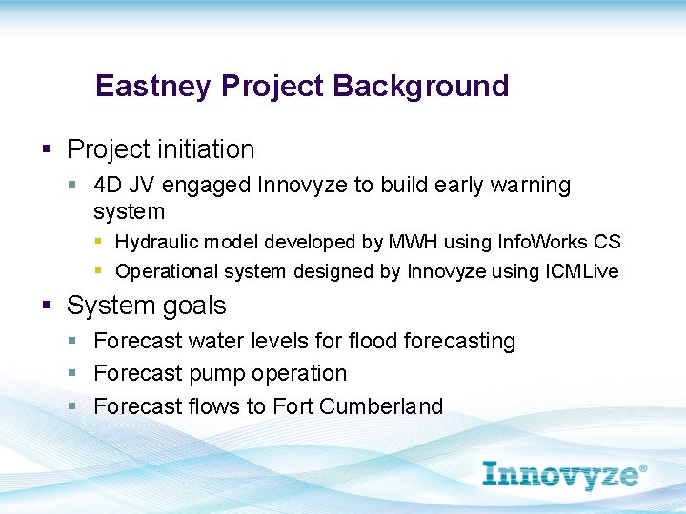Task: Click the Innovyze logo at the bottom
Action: pos(564,473)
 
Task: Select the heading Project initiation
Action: pos(160,149)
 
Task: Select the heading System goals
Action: pos(146,306)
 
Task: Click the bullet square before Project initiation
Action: pos(46,150)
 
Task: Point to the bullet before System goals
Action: pos(46,306)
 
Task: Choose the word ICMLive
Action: pos(581,272)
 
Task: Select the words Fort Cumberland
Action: pos(357,406)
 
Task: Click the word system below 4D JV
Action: pos(129,211)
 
